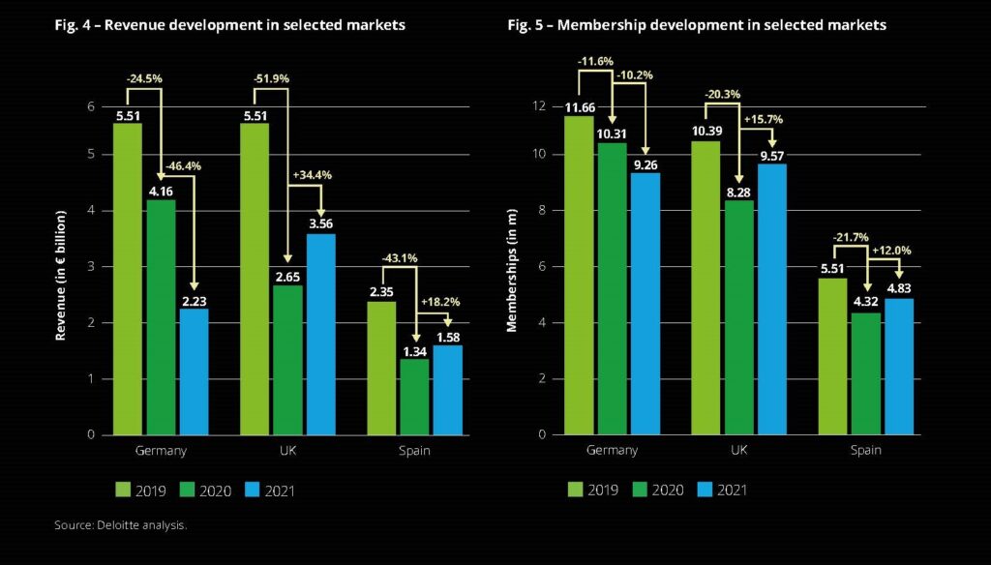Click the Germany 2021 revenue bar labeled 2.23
194,372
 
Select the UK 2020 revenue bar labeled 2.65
287,360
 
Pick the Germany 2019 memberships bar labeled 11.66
580,276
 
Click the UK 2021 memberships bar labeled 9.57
771,300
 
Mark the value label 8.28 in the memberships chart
739,191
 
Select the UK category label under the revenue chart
287,451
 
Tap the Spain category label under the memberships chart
866,451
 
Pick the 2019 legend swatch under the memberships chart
578,491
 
